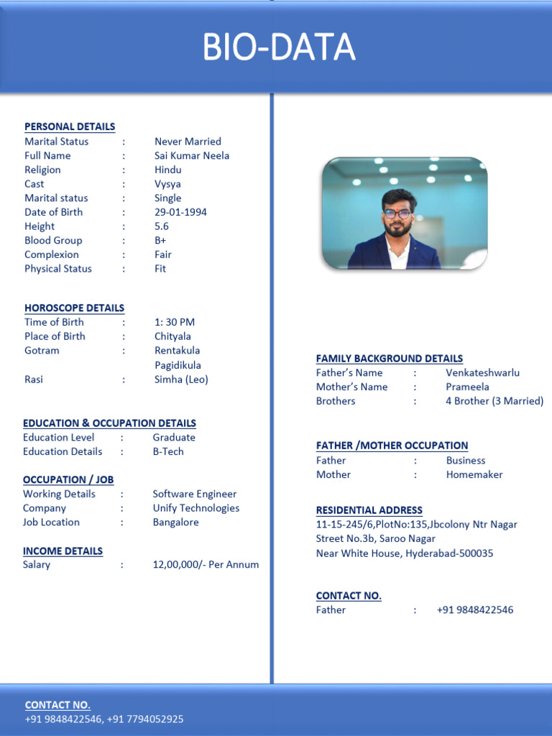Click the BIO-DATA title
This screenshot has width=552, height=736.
pyautogui.click(x=279, y=47)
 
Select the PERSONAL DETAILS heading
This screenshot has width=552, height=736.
pyautogui.click(x=70, y=126)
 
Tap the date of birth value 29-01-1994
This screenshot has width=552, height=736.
pyautogui.click(x=180, y=212)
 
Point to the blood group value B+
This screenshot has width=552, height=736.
pyautogui.click(x=160, y=240)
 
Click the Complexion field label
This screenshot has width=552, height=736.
pyautogui.click(x=52, y=254)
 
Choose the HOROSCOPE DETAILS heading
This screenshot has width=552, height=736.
pyautogui.click(x=74, y=308)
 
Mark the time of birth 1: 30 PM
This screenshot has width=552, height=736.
pyautogui.click(x=175, y=322)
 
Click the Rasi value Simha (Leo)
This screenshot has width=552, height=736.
pyautogui.click(x=181, y=379)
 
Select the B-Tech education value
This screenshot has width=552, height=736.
pyautogui.click(x=168, y=451)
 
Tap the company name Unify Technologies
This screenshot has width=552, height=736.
pyautogui.click(x=196, y=507)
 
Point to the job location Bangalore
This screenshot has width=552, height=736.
pyautogui.click(x=175, y=522)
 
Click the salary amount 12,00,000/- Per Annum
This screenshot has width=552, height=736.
pyautogui.click(x=206, y=564)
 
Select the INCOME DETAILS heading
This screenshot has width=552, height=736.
pyautogui.click(x=63, y=551)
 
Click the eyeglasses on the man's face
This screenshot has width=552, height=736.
pyautogui.click(x=397, y=213)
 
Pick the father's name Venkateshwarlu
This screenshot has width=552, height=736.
pyautogui.click(x=482, y=372)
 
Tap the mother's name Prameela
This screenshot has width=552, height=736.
pyautogui.click(x=467, y=387)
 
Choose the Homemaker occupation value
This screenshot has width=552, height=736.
pyautogui.click(x=474, y=474)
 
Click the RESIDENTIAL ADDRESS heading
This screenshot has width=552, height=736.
pyautogui.click(x=369, y=510)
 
